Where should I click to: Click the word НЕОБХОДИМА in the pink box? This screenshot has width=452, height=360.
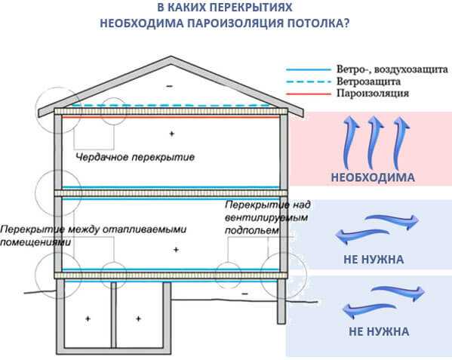[x=373, y=177]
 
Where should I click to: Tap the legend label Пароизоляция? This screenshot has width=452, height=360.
[x=373, y=93]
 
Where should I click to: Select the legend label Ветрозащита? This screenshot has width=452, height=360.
[x=369, y=82]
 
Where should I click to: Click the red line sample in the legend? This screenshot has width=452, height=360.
[x=308, y=94]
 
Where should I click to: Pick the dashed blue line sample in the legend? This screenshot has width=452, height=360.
[x=308, y=82]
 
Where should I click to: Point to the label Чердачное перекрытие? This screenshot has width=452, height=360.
[x=135, y=157]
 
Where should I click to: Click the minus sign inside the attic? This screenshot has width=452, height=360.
[x=170, y=86]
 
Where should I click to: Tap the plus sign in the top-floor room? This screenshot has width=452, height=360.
[x=172, y=134]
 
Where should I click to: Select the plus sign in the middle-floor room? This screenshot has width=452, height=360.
[x=176, y=250]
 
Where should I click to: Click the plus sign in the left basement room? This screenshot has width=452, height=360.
[x=88, y=318]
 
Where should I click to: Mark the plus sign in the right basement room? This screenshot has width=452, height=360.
[x=138, y=318]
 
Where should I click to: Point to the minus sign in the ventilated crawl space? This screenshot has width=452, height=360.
[x=244, y=294]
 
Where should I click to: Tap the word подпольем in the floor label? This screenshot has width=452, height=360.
[x=252, y=230]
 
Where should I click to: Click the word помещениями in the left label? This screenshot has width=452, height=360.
[x=35, y=242]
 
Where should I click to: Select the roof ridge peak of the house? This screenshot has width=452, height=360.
[x=171, y=57]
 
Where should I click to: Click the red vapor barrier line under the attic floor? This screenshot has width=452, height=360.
[x=171, y=117]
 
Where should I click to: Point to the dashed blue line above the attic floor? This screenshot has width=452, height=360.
[x=171, y=106]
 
